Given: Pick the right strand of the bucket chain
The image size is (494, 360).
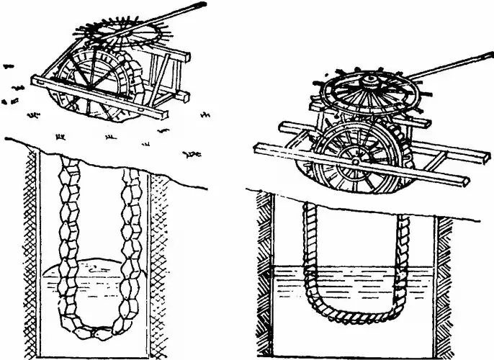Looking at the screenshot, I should click(x=133, y=238).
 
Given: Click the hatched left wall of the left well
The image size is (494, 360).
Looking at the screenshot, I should click(x=32, y=252).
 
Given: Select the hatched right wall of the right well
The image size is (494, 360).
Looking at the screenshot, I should click(x=444, y=288).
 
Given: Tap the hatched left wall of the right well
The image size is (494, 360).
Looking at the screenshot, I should click(x=265, y=288).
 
